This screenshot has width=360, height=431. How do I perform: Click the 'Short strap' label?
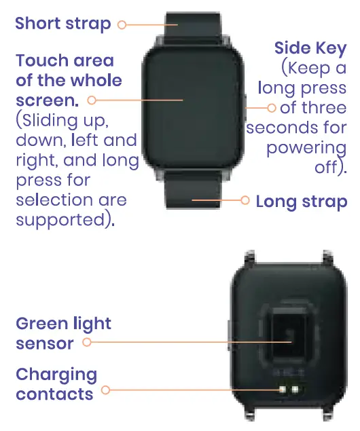pyautogui.click(x=62, y=24)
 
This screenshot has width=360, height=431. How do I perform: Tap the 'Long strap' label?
pyautogui.click(x=302, y=202)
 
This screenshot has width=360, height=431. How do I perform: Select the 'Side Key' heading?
pyautogui.click(x=310, y=48)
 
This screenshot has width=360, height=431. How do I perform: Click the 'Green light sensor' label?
pyautogui.click(x=63, y=333)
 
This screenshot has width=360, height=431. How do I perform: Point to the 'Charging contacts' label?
pyautogui.click(x=56, y=384)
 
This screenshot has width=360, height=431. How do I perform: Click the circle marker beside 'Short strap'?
pyautogui.click(x=122, y=24)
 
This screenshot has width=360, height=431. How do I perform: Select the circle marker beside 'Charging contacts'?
pyautogui.click(x=105, y=390)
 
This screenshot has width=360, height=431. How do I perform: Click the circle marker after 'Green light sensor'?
pyautogui.click(x=86, y=342)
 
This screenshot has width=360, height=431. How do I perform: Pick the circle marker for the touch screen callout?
pyautogui.click(x=90, y=100)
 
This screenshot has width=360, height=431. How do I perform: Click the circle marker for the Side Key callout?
pyautogui.click(x=271, y=107)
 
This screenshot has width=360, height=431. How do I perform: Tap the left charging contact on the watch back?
pyautogui.click(x=282, y=390)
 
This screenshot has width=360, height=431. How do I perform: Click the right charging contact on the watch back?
pyautogui.click(x=295, y=390)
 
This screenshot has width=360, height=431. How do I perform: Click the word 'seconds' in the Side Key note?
pyautogui.click(x=282, y=128)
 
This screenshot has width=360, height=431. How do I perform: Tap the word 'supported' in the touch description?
pyautogui.click(x=58, y=220)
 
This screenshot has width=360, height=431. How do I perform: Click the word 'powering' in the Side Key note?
pyautogui.click(x=306, y=148)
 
